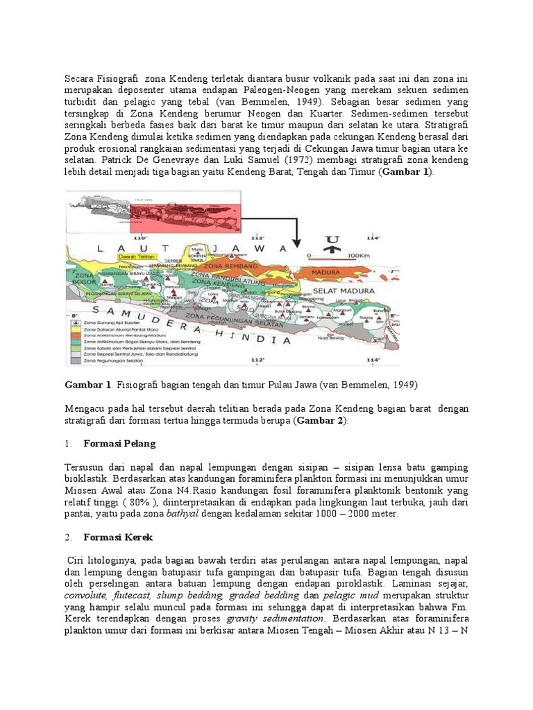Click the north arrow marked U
pos(333,243)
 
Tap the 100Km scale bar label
pos(357,255)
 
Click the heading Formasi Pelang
pos(119,444)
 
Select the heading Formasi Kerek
pos(117,537)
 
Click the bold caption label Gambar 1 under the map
pos(88,385)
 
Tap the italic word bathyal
pos(184,514)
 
